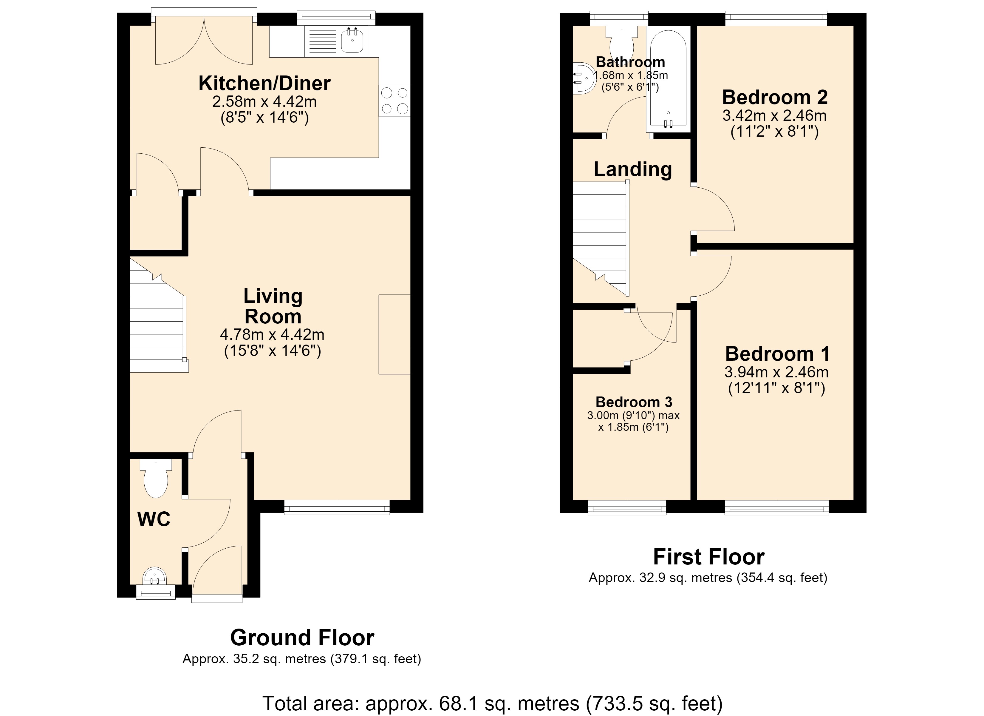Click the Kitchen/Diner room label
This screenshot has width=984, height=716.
(265, 83)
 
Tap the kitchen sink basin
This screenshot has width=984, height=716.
(352, 41)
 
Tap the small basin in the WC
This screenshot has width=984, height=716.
(155, 576)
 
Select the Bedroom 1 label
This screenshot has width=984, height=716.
(777, 354)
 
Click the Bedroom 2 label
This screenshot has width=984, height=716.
(775, 97)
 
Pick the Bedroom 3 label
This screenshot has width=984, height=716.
(634, 402)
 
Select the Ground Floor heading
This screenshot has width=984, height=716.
(302, 638)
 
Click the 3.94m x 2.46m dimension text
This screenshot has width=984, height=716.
(776, 372)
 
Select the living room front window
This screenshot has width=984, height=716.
(337, 507)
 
